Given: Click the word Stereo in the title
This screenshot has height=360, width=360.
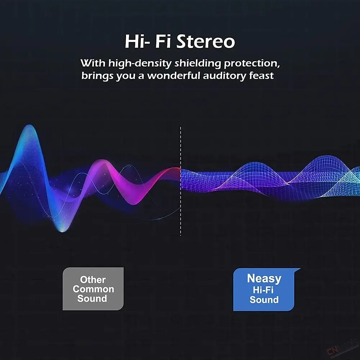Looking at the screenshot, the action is tap(206, 41).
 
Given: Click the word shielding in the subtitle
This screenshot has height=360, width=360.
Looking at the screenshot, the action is tap(197, 63).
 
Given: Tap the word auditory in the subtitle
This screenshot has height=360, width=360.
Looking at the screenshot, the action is tap(225, 76).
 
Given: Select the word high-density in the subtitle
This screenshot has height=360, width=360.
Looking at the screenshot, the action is tap(140, 64).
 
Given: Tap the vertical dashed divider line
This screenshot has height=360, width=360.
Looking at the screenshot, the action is tap(181, 181).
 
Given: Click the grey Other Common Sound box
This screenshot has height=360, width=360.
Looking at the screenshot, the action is tap(93, 289).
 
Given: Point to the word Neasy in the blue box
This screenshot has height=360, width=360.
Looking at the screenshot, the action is tap(264, 279).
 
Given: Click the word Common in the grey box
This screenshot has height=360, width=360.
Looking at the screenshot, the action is tap(94, 289).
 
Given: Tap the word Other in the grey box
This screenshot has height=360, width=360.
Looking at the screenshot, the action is tap(93, 280).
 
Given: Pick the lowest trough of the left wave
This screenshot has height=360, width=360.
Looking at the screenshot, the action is tap(62, 231).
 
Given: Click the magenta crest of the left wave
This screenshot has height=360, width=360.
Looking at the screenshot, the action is tap(102, 161).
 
